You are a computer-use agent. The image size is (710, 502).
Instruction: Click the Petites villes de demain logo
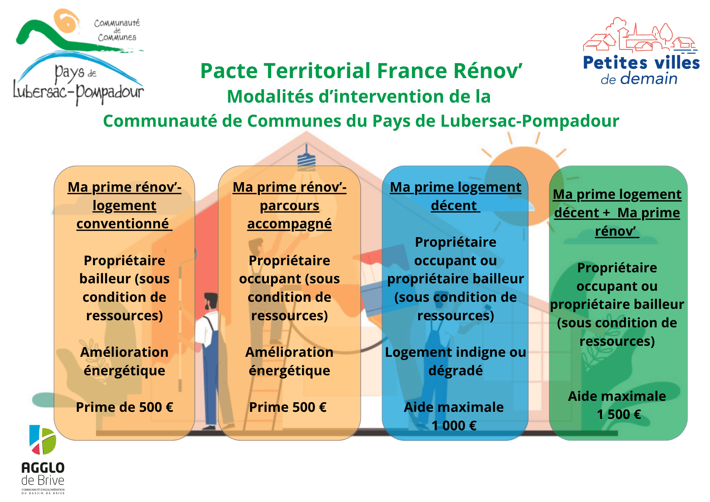[x=641, y=51]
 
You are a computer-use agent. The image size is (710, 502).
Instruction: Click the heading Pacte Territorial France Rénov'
[x=361, y=71]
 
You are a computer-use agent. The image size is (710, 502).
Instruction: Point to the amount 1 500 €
[x=619, y=414]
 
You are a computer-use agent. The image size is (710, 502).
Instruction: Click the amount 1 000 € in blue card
[x=454, y=425]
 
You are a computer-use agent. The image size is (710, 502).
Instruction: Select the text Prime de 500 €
[x=124, y=407]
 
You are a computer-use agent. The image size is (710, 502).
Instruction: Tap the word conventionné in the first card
[x=123, y=224]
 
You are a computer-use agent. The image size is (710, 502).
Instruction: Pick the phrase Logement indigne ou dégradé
[x=455, y=361]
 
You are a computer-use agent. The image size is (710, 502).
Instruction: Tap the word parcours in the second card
[x=289, y=206]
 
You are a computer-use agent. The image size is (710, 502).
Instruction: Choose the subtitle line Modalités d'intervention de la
[x=359, y=97]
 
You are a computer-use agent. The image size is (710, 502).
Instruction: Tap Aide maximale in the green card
[x=617, y=396]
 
